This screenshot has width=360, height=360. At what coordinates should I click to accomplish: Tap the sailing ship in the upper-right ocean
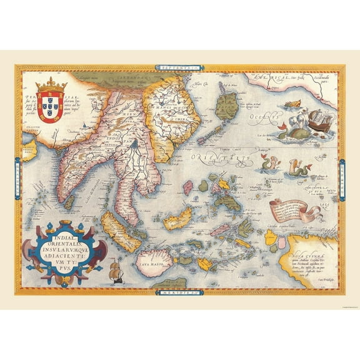tap(317, 119)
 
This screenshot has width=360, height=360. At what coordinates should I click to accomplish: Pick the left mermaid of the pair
tap(263, 164)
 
